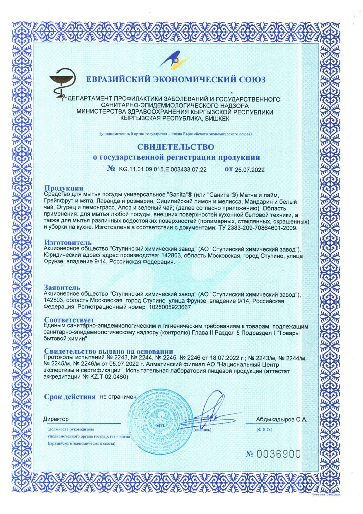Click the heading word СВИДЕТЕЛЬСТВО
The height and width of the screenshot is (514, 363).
click(176, 147)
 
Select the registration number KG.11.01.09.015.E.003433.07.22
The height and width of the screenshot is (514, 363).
click(163, 170)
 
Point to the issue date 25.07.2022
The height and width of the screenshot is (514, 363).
click(250, 170)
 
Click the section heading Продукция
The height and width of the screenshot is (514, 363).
click(64, 188)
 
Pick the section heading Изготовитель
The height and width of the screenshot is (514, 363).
click(68, 242)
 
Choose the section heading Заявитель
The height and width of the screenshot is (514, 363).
click(62, 287)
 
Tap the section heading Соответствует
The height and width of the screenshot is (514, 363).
click(69, 320)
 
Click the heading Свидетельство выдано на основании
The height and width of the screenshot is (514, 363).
click(108, 351)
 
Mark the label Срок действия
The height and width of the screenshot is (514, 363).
click(70, 397)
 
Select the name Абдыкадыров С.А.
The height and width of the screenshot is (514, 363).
click(281, 419)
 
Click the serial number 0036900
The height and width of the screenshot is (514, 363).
click(278, 454)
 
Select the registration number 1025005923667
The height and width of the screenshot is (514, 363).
click(168, 307)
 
